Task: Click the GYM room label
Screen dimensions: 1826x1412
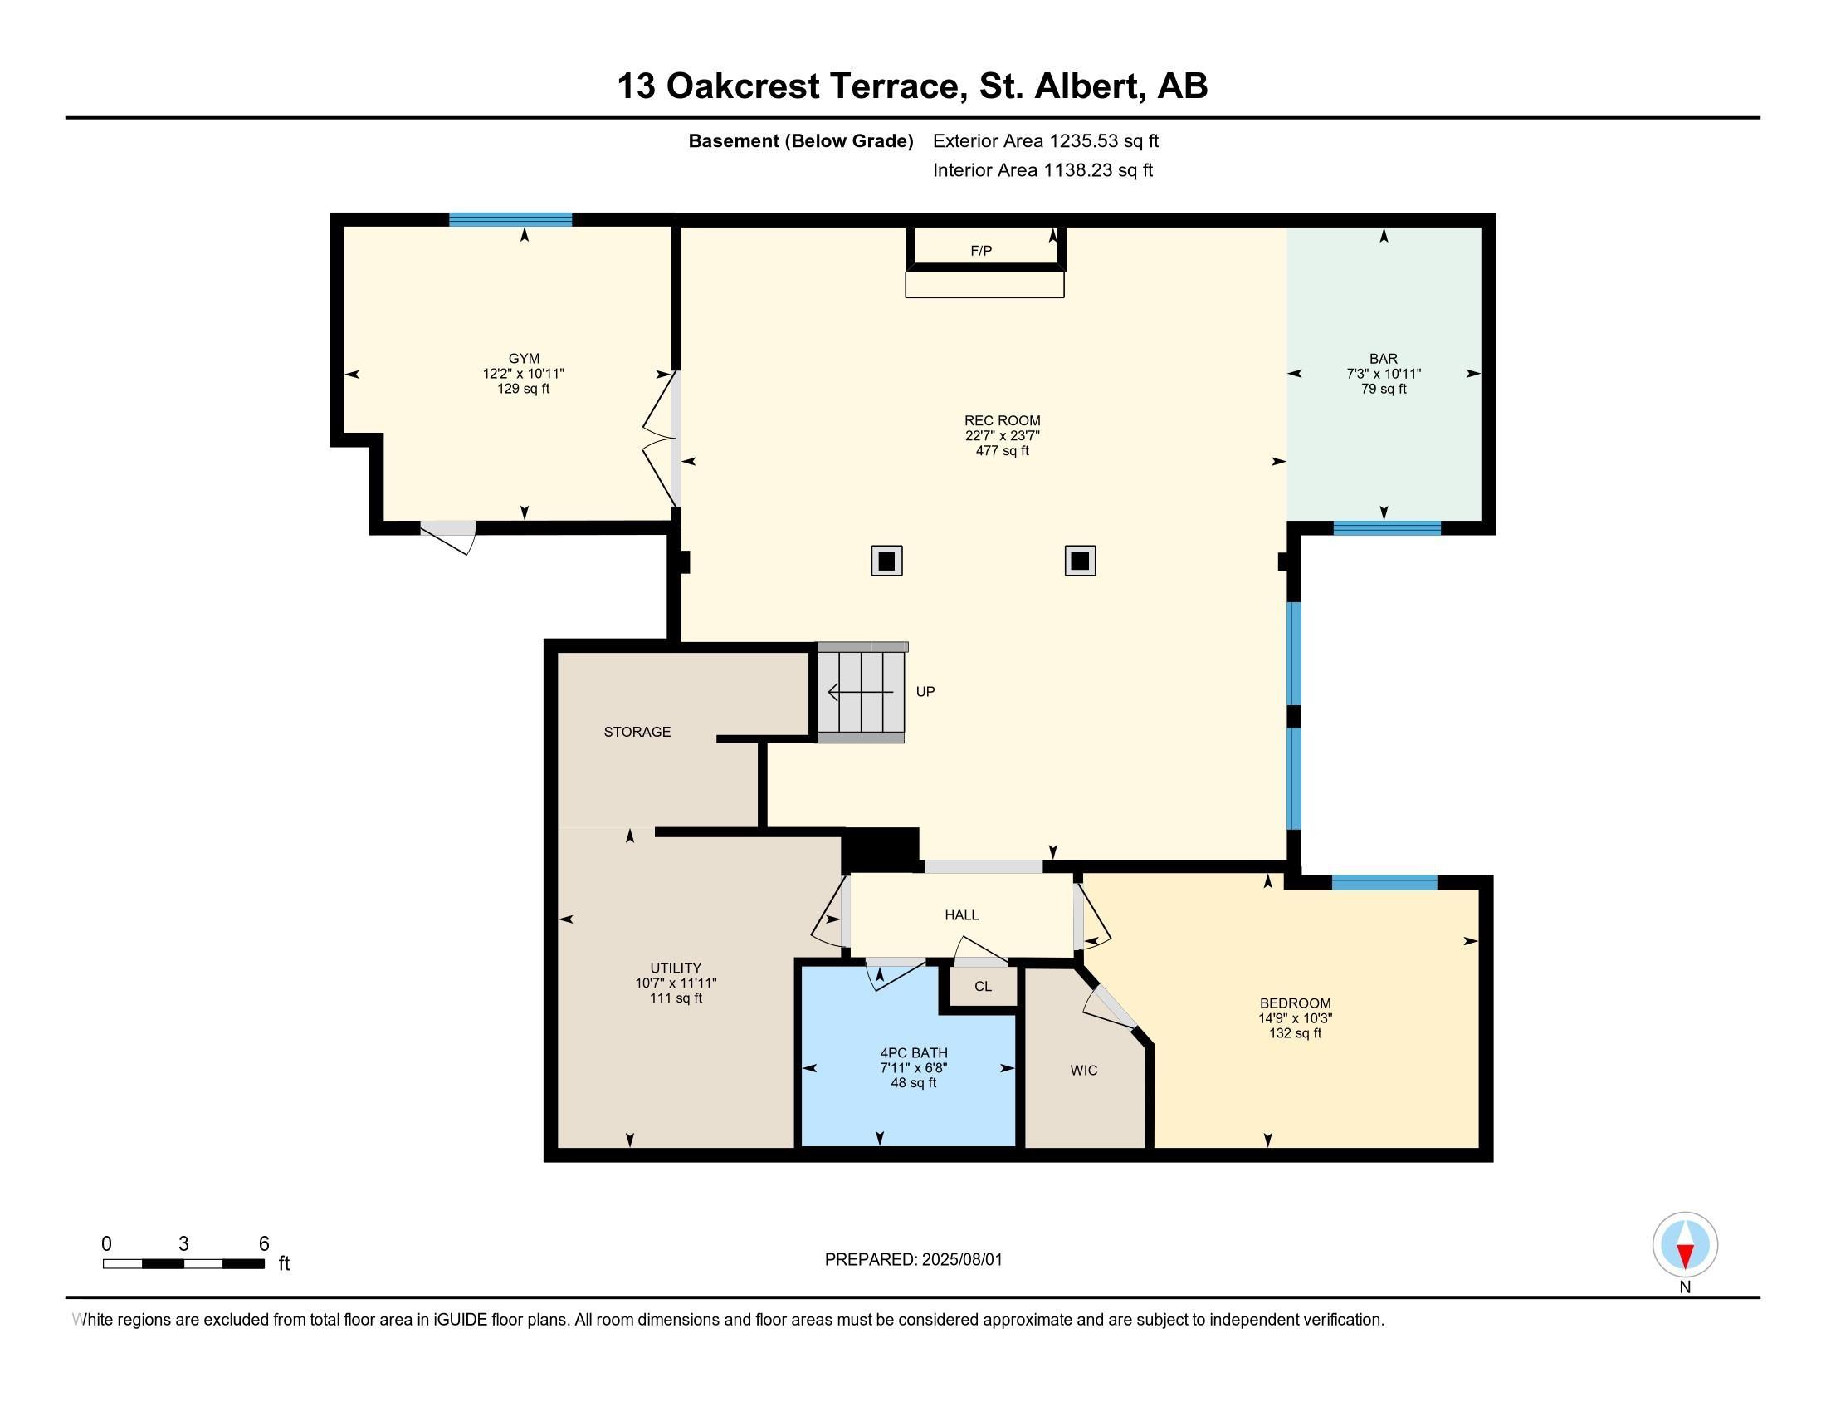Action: coord(525,359)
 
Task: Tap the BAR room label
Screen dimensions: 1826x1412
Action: coord(1384,359)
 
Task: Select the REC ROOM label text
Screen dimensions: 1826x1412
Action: coord(1003,421)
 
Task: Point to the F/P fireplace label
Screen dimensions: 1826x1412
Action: coord(982,251)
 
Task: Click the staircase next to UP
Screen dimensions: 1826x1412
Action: coord(862,693)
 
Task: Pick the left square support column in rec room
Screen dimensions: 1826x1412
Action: coord(887,561)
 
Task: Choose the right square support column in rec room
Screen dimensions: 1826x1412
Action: coord(1080,561)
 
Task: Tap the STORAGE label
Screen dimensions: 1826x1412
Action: coord(637,732)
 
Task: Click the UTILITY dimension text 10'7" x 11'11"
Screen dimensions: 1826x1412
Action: coord(676,983)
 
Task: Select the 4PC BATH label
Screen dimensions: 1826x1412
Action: coord(914,1053)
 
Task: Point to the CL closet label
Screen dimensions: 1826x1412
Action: coord(984,987)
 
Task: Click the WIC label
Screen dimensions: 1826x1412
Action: coord(1083,1071)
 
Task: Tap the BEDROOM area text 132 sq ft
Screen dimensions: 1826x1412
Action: coord(1295,1033)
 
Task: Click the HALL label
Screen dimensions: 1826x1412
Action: coord(961,915)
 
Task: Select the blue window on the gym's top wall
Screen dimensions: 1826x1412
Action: coord(510,220)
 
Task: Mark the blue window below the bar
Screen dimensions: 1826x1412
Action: coord(1387,527)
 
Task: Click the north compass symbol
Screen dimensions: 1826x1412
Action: coord(1685,1245)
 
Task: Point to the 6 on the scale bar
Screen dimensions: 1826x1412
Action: coord(264,1244)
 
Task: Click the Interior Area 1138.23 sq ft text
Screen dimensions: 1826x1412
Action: coord(1042,170)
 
